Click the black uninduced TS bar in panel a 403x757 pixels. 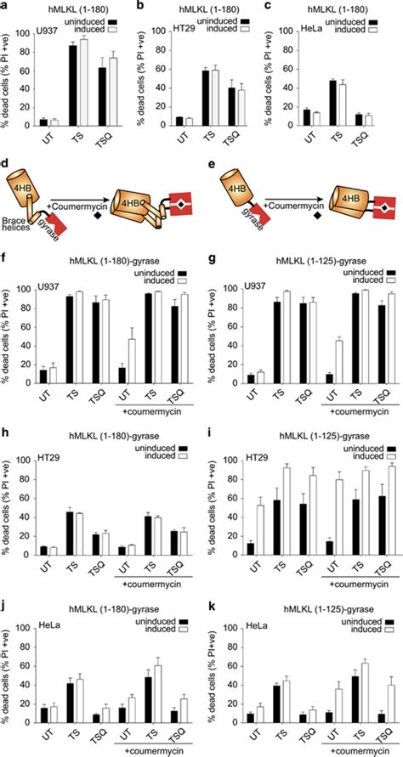(73, 85)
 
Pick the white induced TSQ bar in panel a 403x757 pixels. (113, 93)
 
